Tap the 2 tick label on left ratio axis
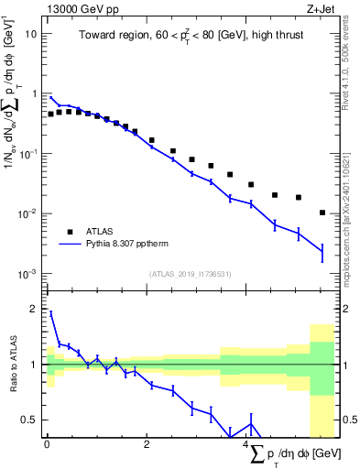tap(34, 309)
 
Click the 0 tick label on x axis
tap(47, 444)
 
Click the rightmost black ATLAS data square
tap(322, 213)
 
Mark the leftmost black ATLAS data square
tap(50, 115)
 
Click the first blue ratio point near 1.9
tap(50, 313)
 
